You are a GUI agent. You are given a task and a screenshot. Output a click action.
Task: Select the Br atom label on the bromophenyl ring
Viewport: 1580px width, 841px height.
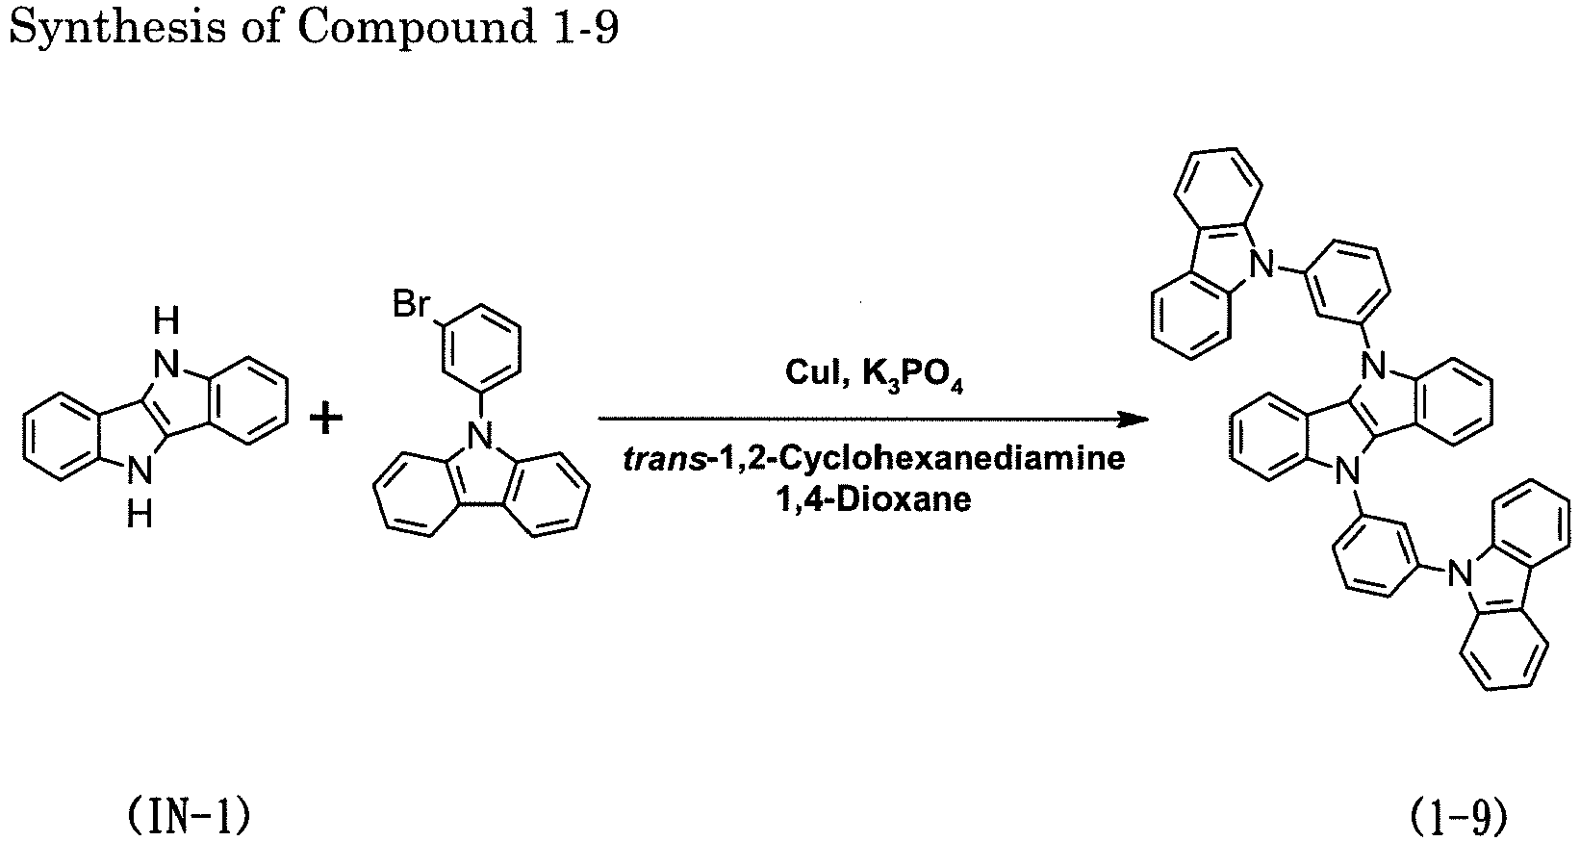tap(411, 304)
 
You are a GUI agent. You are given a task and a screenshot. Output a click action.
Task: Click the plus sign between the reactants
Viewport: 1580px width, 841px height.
tap(326, 420)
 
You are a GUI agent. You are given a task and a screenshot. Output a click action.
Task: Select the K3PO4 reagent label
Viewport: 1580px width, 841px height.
tap(913, 375)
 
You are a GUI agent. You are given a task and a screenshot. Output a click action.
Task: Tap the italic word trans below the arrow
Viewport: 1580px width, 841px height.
tap(665, 460)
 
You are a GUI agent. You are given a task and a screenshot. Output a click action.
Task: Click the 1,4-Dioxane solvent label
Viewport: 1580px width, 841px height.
tap(873, 499)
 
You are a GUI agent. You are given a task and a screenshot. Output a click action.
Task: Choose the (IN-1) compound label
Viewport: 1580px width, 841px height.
tap(189, 817)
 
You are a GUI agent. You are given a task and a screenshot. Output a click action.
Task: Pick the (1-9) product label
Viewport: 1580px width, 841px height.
tap(1458, 817)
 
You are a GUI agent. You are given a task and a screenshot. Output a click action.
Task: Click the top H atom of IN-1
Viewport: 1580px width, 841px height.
tap(166, 321)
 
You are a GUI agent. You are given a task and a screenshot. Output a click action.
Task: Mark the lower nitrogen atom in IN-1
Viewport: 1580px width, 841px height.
tap(140, 471)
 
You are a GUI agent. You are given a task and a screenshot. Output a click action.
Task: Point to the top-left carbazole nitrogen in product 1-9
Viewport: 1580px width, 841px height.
tap(1262, 266)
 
